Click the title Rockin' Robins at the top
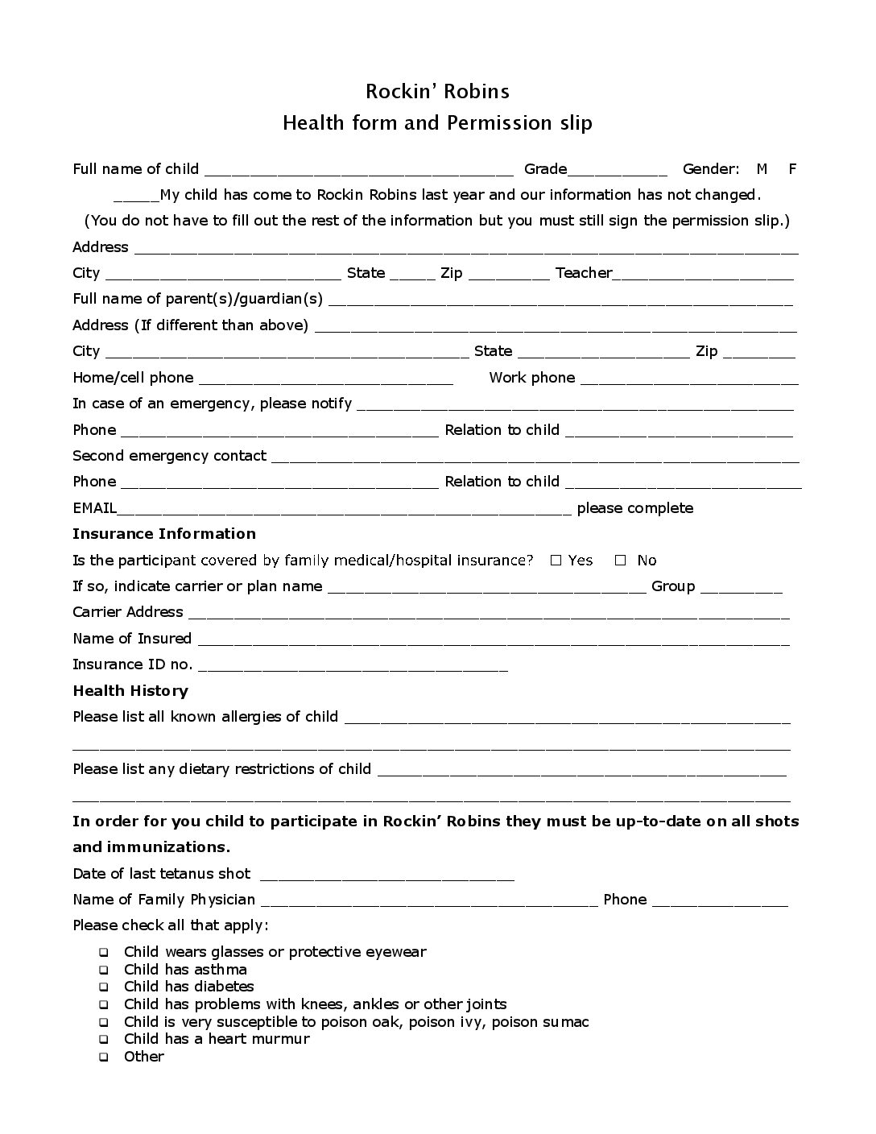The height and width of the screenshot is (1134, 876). click(x=437, y=91)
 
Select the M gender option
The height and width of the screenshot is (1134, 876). click(x=762, y=169)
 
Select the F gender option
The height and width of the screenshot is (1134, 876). click(x=792, y=169)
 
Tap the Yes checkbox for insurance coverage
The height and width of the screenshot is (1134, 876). click(x=556, y=561)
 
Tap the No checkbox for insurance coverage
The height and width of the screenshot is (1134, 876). click(x=620, y=561)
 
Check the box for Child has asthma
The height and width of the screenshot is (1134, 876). click(x=104, y=971)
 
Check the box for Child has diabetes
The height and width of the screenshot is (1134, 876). click(x=104, y=987)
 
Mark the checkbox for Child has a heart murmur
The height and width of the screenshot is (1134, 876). click(x=104, y=1040)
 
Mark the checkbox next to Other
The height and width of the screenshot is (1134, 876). click(x=104, y=1057)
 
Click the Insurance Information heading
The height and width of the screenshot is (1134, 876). click(x=163, y=534)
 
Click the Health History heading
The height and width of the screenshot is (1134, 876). click(x=130, y=691)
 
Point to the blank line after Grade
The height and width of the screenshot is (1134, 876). click(x=618, y=171)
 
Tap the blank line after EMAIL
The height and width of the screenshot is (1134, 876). click(x=345, y=511)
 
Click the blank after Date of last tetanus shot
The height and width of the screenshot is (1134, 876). click(x=387, y=876)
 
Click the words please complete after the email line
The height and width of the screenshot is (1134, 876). click(x=634, y=508)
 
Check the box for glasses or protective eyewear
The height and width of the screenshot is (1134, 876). click(x=104, y=953)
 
